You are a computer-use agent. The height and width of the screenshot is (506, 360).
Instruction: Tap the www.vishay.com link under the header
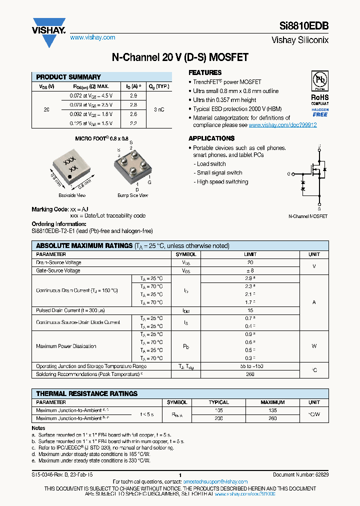pos(92,37)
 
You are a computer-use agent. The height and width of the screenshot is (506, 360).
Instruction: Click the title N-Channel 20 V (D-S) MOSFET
pos(179,57)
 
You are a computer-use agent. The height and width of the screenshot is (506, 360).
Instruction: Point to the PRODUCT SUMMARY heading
pos(68,77)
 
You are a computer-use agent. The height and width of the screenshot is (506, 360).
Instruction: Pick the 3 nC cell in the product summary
pos(158,109)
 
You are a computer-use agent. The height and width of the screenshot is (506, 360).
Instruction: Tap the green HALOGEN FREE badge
pos(320,112)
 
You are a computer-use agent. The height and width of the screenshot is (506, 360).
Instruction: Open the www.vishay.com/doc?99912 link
pos(282,125)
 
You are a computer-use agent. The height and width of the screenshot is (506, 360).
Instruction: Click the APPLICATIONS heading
pos(211,138)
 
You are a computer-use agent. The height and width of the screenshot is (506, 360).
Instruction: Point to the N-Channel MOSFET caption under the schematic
pos(308,216)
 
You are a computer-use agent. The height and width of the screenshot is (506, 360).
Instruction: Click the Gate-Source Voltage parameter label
pos(58,270)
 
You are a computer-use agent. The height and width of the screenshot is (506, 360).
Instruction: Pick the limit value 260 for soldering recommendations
pos(250,374)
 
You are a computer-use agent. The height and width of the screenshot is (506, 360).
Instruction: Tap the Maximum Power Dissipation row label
pos(66,346)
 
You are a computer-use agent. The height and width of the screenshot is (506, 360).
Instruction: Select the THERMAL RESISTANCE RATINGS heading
pos(86,393)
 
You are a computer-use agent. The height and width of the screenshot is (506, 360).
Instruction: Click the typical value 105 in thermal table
pos(218,410)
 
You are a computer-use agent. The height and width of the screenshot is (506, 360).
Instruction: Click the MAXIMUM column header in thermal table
pos(272,402)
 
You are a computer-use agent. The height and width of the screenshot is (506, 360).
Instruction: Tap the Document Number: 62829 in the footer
pos(300,474)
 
